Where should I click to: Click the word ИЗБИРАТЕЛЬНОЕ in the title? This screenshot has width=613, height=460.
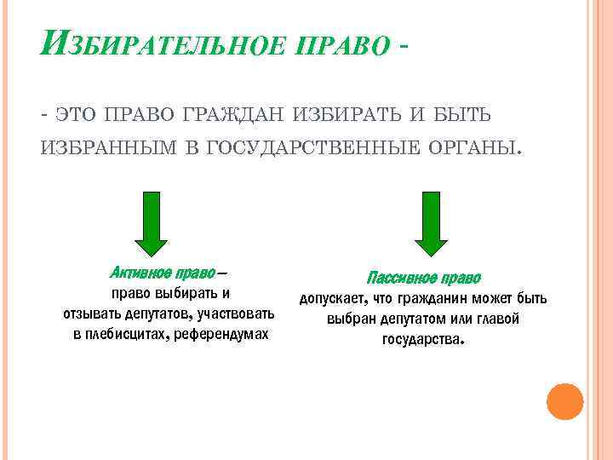click(162, 43)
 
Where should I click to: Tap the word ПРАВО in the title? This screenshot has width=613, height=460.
click(340, 44)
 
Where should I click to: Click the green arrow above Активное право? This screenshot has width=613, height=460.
click(152, 223)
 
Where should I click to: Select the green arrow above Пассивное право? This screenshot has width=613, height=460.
click(424, 223)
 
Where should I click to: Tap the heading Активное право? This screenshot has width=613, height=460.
click(163, 273)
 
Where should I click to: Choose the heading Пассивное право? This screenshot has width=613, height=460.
click(424, 278)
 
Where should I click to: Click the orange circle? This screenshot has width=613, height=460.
click(564, 401)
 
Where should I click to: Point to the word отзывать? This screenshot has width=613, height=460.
click(92, 314)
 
